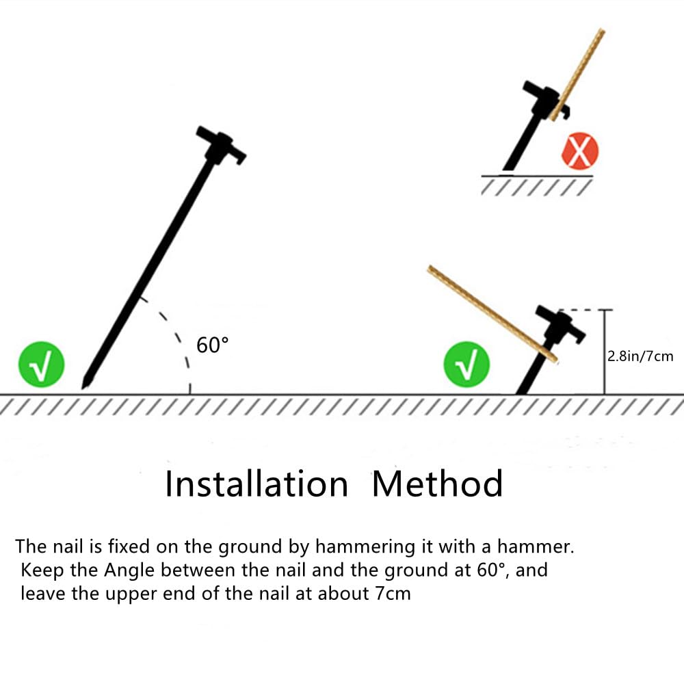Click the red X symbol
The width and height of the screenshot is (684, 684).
580,152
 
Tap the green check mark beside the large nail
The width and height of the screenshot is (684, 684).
42,365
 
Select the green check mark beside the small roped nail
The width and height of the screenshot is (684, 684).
466,365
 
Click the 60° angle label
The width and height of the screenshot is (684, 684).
212,345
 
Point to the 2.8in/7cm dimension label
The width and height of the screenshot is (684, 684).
640,356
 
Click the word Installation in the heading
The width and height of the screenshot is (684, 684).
256,484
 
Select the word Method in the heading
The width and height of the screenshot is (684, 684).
438,484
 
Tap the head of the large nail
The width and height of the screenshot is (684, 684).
221,145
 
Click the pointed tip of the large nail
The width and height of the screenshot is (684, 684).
83,387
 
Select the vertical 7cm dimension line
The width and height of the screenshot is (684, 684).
605,352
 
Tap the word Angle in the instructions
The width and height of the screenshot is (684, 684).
129,570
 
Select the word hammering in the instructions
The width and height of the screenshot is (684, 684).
365,547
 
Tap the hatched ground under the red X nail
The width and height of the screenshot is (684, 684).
536,185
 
